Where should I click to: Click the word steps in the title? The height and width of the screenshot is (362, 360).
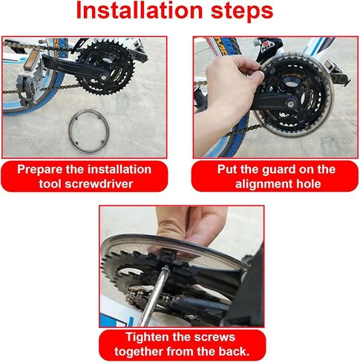pos(242,12)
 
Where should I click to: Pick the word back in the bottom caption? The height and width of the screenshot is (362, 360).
pos(233,352)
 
